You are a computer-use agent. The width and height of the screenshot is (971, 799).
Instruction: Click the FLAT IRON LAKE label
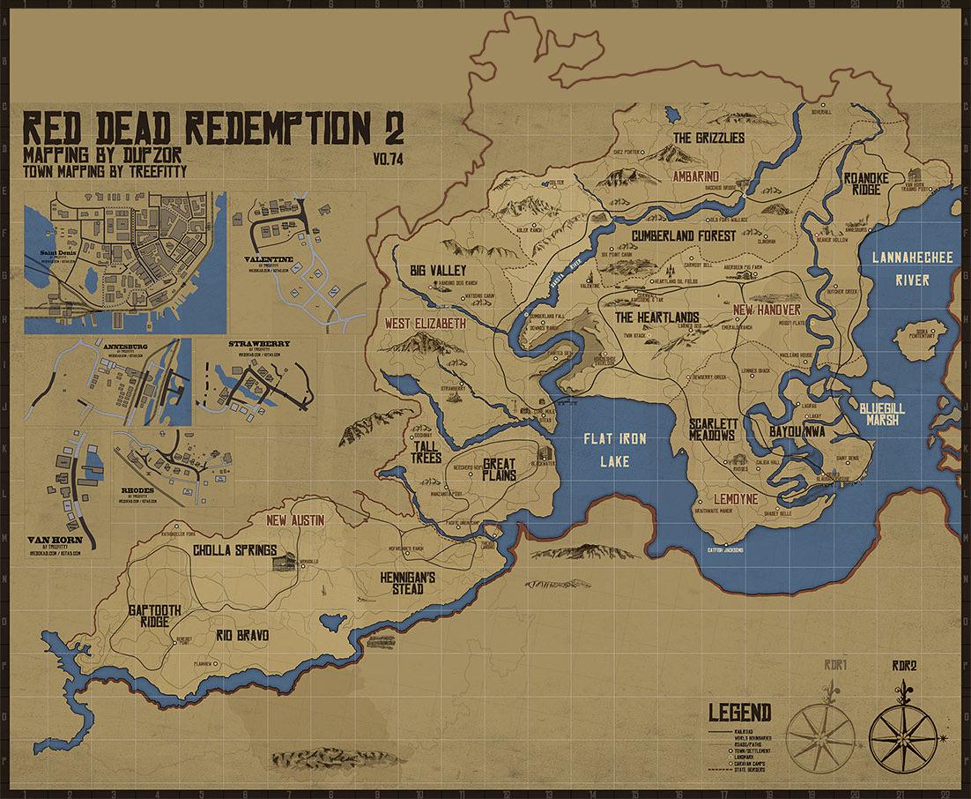[x=615, y=449]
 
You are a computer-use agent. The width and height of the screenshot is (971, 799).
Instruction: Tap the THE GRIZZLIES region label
[x=708, y=138]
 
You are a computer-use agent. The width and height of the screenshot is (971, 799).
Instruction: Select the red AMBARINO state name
[x=696, y=175]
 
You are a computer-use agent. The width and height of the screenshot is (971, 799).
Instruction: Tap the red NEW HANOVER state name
[x=767, y=310]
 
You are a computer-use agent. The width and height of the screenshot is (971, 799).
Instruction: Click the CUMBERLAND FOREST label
[x=683, y=235]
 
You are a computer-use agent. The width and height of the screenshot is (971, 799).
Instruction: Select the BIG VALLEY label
[x=437, y=270]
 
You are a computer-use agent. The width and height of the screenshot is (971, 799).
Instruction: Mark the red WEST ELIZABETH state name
[x=425, y=324]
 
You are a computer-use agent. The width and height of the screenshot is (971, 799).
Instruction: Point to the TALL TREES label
[x=425, y=452]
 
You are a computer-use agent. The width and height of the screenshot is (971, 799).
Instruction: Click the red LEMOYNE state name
[x=736, y=498]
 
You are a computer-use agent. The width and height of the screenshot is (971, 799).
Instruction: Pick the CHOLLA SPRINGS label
[x=234, y=550]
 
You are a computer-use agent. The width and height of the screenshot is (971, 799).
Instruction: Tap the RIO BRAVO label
[x=241, y=634]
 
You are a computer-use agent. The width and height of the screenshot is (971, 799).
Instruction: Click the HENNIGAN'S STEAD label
[x=408, y=582]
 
